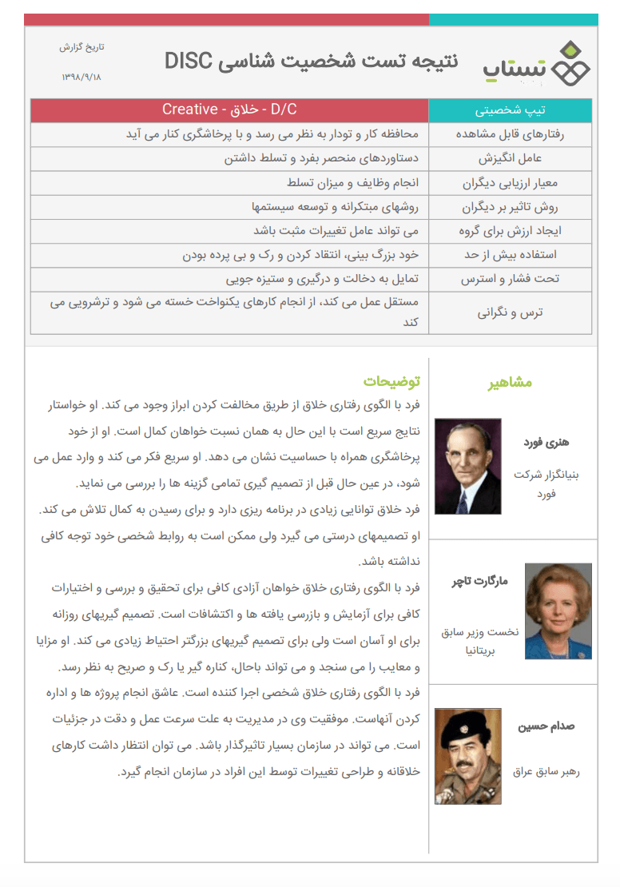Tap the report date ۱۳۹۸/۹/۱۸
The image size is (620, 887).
(x=82, y=77)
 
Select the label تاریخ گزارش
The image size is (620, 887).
(x=81, y=47)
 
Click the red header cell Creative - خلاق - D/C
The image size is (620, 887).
(x=229, y=109)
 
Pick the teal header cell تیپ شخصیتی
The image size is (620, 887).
(x=511, y=110)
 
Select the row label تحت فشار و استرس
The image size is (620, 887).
(x=511, y=280)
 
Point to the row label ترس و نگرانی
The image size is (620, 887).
(x=511, y=312)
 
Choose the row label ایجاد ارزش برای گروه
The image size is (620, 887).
(x=511, y=231)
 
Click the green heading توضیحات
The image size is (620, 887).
(x=391, y=382)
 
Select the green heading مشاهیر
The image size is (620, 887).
(x=511, y=382)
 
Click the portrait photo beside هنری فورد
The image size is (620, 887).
(x=467, y=466)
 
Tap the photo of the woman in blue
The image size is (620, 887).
(x=558, y=611)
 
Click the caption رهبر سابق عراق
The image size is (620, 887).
(x=546, y=772)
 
